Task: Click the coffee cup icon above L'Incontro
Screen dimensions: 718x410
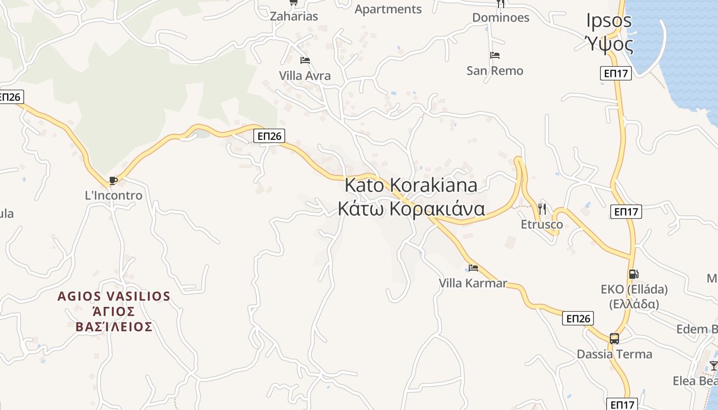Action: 113,180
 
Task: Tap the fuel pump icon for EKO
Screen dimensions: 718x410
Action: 634,274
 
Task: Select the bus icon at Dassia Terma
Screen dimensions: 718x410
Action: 614,338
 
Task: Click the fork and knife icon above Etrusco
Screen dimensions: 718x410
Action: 542,209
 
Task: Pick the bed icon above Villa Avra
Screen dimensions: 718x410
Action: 305,60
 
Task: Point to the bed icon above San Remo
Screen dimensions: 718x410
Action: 495,55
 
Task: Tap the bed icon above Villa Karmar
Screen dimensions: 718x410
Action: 473,268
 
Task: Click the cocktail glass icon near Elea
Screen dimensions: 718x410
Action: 713,365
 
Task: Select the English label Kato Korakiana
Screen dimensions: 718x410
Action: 411,184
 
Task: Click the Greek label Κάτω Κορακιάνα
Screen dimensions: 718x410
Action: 411,209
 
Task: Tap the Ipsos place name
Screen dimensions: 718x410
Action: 609,20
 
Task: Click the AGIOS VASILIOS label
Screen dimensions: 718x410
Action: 114,296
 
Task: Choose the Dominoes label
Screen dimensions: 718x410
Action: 501,17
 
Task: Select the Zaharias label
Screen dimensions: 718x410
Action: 294,16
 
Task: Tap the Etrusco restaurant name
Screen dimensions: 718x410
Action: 542,224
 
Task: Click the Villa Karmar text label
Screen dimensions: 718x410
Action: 473,283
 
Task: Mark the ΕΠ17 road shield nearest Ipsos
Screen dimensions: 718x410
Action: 615,73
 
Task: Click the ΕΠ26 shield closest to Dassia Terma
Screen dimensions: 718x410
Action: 578,318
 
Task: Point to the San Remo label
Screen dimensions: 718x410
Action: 495,71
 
